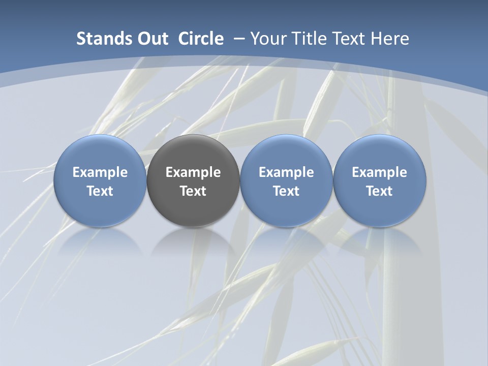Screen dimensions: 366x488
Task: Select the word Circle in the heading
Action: click(201, 39)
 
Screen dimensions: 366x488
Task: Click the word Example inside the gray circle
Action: click(193, 172)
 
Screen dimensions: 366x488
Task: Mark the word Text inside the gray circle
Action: click(193, 191)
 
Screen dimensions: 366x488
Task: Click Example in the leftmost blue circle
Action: click(100, 172)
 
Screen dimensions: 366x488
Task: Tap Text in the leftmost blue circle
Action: click(100, 191)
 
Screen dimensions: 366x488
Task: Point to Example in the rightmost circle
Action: click(380, 172)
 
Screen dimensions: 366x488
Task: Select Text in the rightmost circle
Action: click(380, 191)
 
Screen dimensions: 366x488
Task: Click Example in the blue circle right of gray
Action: click(286, 172)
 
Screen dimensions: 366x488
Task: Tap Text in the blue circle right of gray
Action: click(286, 191)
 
